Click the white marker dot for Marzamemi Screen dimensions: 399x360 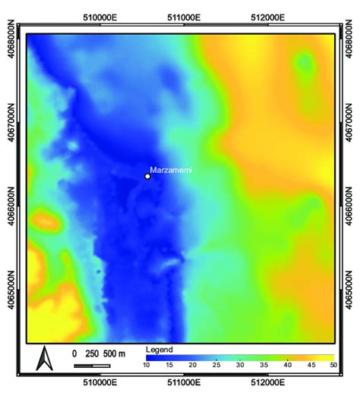click(x=147, y=176)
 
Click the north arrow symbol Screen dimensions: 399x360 click(x=44, y=358)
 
